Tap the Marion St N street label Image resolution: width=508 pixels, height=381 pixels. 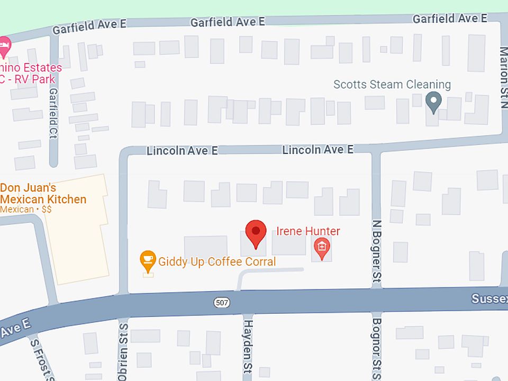point(503,77)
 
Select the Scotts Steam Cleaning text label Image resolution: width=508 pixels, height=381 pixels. point(392,85)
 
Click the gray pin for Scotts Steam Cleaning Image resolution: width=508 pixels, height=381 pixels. point(433,102)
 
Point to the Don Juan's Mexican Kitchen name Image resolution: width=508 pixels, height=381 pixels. point(43,194)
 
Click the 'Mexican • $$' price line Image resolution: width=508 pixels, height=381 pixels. point(26,210)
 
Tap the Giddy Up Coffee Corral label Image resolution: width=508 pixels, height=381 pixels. point(217,261)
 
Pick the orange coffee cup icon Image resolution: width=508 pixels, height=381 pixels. point(148,260)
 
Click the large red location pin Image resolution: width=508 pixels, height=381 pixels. point(256,233)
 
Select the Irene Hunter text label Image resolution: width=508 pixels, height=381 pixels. point(308,231)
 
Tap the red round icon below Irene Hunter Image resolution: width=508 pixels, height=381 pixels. point(322,247)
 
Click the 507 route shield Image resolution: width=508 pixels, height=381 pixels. point(222,302)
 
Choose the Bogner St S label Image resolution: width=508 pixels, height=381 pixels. point(376,347)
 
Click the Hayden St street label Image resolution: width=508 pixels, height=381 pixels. point(248,349)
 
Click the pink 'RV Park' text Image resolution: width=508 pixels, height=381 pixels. point(35,79)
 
